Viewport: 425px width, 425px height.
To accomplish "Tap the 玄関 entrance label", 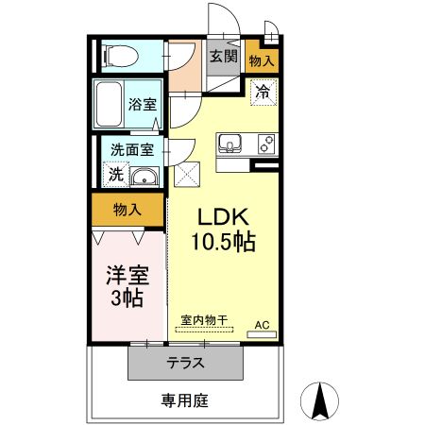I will point(223,57).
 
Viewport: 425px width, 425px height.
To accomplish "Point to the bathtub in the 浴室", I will point(110,103).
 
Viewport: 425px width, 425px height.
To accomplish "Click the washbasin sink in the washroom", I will point(144,177).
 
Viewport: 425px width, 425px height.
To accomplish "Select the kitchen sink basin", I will point(229,144).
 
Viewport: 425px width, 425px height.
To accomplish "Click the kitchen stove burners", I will point(265,144).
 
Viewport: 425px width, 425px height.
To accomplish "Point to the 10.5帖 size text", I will point(224,242).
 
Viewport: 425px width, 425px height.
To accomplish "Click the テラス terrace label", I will point(186,363).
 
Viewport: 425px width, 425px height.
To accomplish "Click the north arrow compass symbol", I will point(319,400).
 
